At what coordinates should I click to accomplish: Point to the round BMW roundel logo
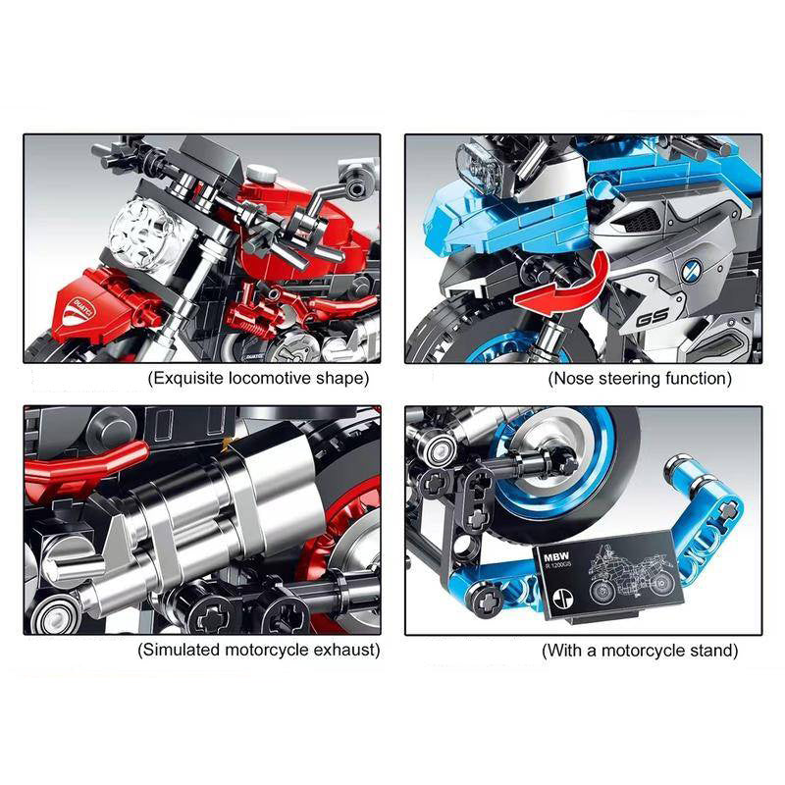pos(688,264)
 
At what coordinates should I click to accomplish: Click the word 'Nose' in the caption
pos(574,378)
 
